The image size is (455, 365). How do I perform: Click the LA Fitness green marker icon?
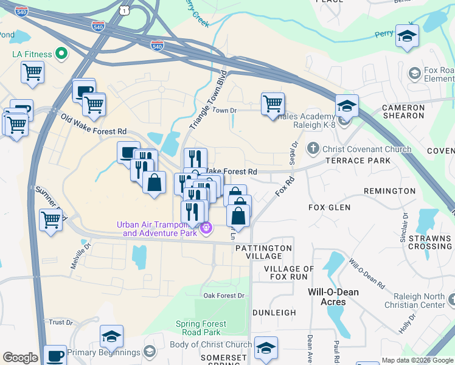(x=61, y=54)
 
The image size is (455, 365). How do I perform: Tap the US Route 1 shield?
(x=124, y=10)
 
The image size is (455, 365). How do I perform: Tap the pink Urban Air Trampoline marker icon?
(x=207, y=228)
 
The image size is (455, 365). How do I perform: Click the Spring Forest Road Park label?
(x=201, y=328)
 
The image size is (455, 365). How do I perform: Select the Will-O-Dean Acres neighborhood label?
(x=333, y=296)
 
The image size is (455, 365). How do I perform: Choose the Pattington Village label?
(x=263, y=252)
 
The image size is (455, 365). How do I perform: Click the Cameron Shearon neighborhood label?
(x=403, y=111)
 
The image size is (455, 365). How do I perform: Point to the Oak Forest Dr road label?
(x=224, y=296)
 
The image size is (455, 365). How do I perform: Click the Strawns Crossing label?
(x=430, y=242)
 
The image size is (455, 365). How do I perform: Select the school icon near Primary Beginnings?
(x=111, y=336)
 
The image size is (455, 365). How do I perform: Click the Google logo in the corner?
(x=20, y=358)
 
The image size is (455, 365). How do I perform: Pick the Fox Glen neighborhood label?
(x=329, y=207)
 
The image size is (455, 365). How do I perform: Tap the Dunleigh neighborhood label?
(x=275, y=313)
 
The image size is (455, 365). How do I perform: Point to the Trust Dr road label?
(x=61, y=322)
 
